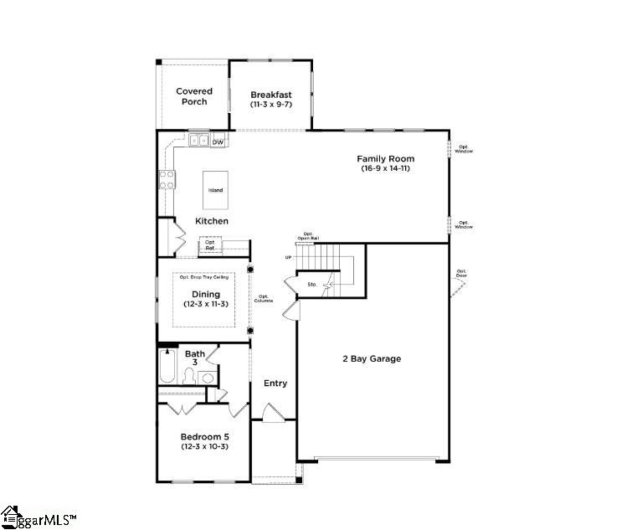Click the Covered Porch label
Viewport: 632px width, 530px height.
click(193, 96)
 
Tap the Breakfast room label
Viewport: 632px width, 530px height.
click(271, 100)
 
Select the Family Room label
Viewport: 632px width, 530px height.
click(385, 163)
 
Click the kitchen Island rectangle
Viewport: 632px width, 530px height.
click(216, 191)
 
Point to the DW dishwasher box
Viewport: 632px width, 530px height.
click(218, 142)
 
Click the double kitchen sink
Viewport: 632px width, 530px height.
click(199, 141)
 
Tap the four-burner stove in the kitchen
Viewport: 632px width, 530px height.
click(167, 178)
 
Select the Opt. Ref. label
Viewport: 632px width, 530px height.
click(210, 245)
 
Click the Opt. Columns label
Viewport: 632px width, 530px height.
click(264, 299)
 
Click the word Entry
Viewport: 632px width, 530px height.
click(275, 383)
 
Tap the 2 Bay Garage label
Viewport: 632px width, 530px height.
click(372, 358)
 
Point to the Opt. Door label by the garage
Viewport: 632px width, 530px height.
click(461, 273)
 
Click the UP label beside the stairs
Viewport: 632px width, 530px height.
click(289, 258)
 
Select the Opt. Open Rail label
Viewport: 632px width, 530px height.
click(308, 236)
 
